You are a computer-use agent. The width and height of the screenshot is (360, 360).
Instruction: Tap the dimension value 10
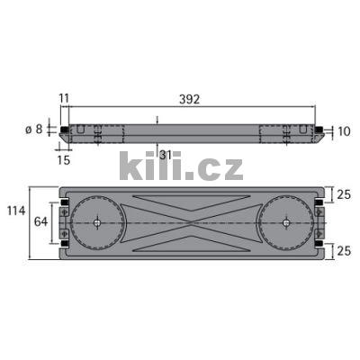click(x=343, y=131)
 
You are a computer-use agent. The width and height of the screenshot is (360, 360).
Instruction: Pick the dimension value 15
click(x=62, y=159)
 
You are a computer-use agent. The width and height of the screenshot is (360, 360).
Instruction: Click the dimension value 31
click(x=165, y=156)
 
